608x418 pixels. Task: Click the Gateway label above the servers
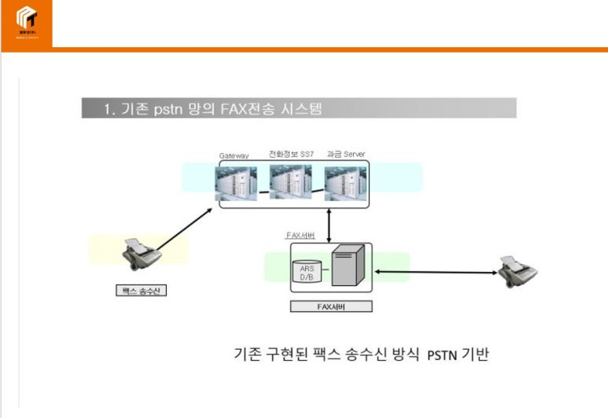[234, 156]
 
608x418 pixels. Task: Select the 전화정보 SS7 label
[291, 154]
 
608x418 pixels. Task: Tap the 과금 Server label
[345, 154]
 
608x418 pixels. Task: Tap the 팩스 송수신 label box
[142, 291]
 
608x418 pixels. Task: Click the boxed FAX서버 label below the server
[330, 306]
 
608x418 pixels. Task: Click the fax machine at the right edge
[518, 271]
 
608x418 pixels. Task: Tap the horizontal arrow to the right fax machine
[437, 273]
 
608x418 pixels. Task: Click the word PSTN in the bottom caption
[442, 355]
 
